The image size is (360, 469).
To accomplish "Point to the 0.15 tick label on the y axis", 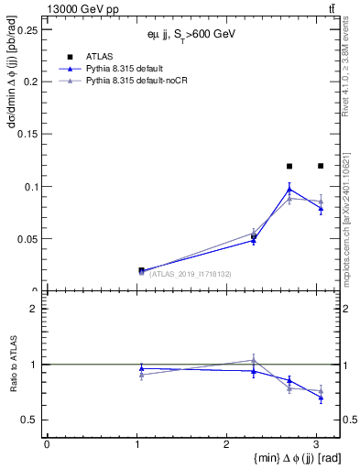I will (27, 134).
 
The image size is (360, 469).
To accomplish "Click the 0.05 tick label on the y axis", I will (27, 239).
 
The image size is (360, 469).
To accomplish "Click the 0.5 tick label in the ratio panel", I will (30, 420).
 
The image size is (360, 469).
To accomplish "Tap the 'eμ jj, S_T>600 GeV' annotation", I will (191, 34).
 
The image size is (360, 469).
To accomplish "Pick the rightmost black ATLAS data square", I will (320, 166).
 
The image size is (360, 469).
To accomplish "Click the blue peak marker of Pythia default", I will (289, 189).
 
